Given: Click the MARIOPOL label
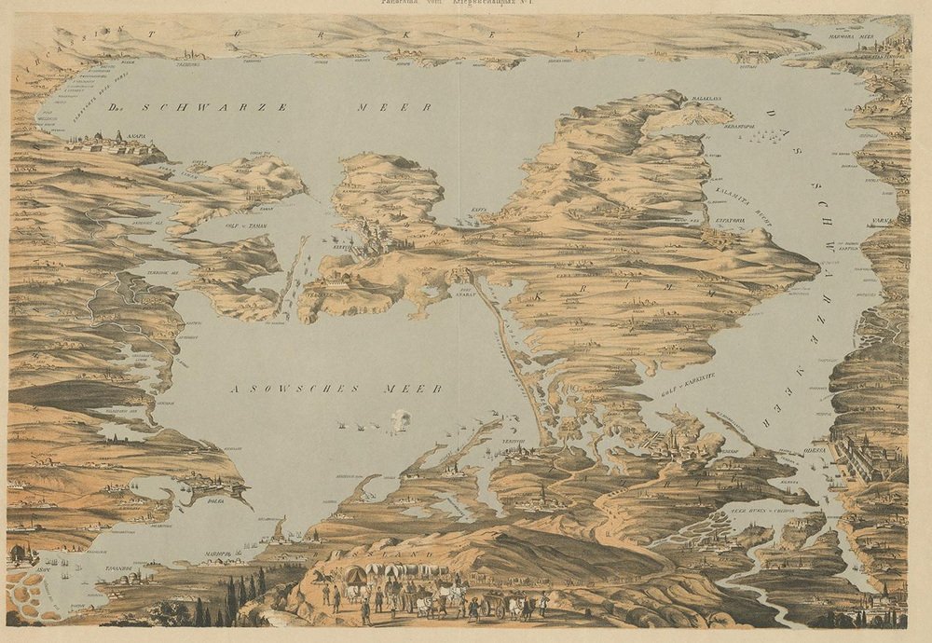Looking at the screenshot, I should pos(216,554).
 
